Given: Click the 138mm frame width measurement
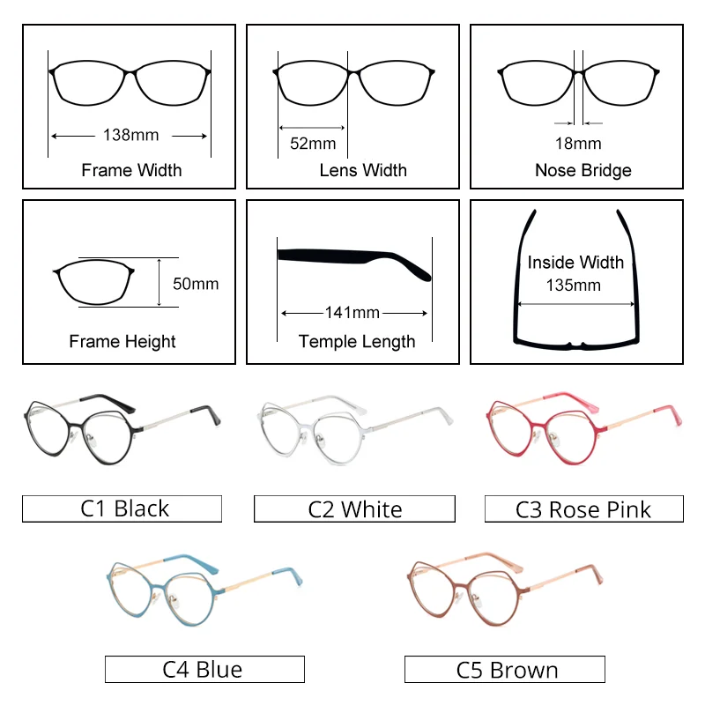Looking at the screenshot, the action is [130, 136].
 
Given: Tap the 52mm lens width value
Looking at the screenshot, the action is [313, 143].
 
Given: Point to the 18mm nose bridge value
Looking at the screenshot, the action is [578, 143].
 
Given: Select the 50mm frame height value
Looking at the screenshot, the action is [195, 284].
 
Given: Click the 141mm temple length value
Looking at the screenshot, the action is [352, 313].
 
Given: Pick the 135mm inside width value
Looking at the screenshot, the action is [575, 285].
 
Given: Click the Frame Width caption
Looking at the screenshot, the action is [131, 170].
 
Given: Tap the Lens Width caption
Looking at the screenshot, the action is [363, 170].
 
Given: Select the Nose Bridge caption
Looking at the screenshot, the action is [583, 170].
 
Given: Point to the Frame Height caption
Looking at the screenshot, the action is [122, 341].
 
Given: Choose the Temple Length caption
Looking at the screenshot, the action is [357, 341].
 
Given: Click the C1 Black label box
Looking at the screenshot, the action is [122, 508].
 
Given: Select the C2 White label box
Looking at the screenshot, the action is [354, 508].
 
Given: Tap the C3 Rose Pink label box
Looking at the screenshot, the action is [583, 508].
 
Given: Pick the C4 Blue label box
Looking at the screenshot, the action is [204, 669].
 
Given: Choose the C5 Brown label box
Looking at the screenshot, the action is [505, 669].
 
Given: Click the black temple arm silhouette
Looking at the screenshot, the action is [352, 259].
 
